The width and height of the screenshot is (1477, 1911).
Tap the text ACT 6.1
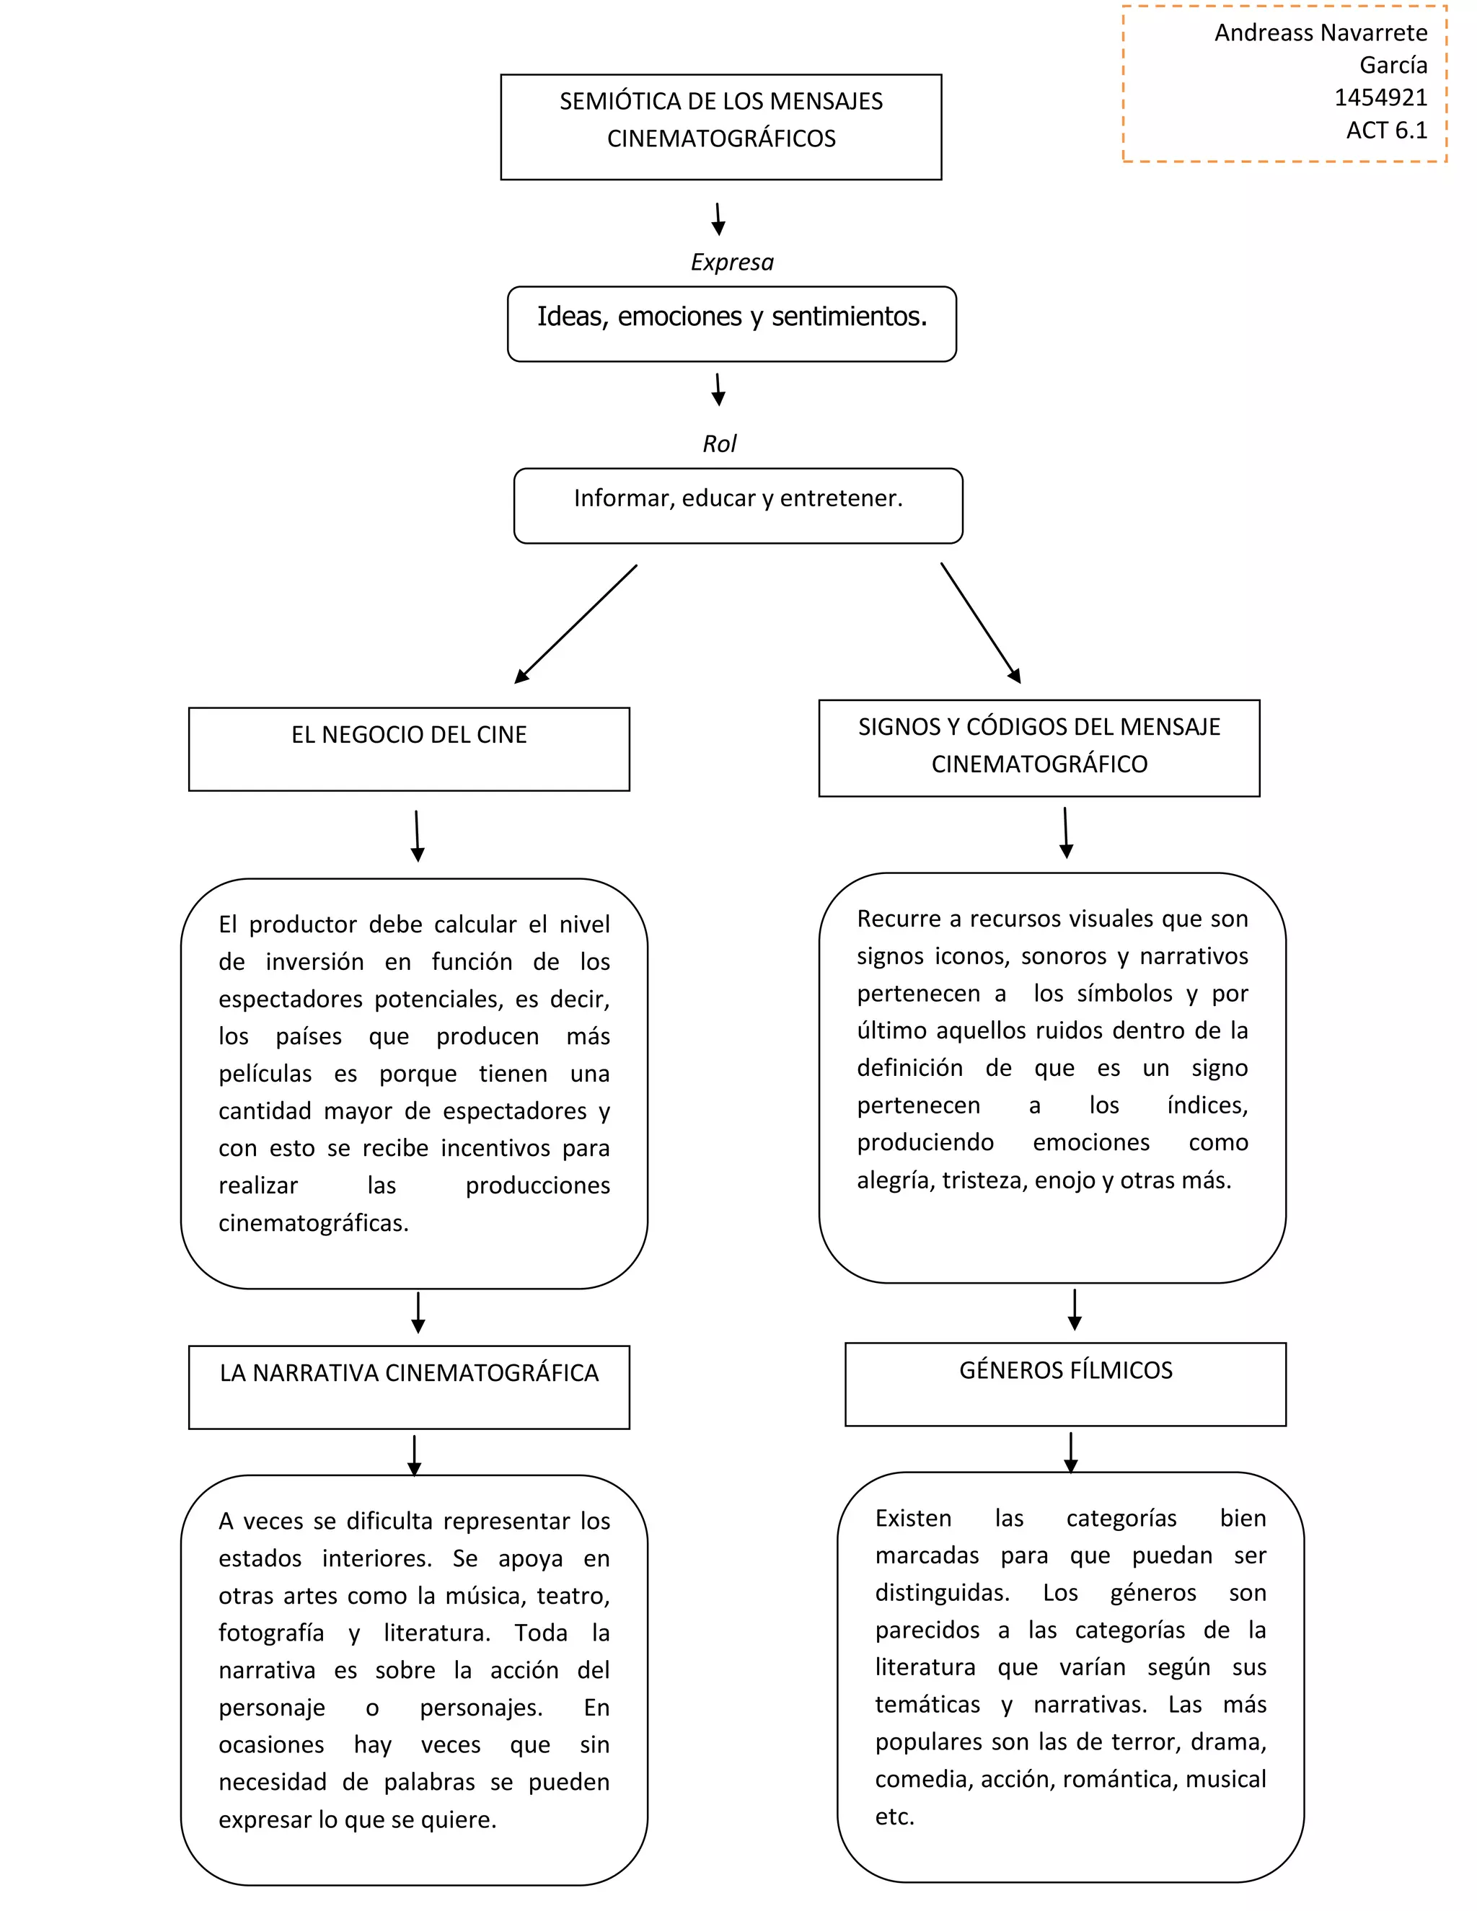click(1386, 131)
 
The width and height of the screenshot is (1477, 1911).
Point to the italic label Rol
click(719, 444)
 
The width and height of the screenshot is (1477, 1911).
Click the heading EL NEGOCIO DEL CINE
click(409, 735)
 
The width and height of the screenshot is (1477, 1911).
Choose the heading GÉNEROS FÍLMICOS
click(1065, 1370)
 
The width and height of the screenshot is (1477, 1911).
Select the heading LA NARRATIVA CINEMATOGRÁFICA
click(409, 1373)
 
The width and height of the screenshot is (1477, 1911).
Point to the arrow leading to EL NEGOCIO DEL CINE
click(575, 625)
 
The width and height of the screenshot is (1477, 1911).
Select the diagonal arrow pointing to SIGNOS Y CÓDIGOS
click(981, 623)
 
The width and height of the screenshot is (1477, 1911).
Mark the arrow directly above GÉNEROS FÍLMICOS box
click(1075, 1310)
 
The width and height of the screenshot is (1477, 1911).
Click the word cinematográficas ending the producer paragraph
click(313, 1223)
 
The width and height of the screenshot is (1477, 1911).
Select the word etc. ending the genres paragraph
click(894, 1817)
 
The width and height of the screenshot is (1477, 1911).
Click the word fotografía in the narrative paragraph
click(271, 1633)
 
